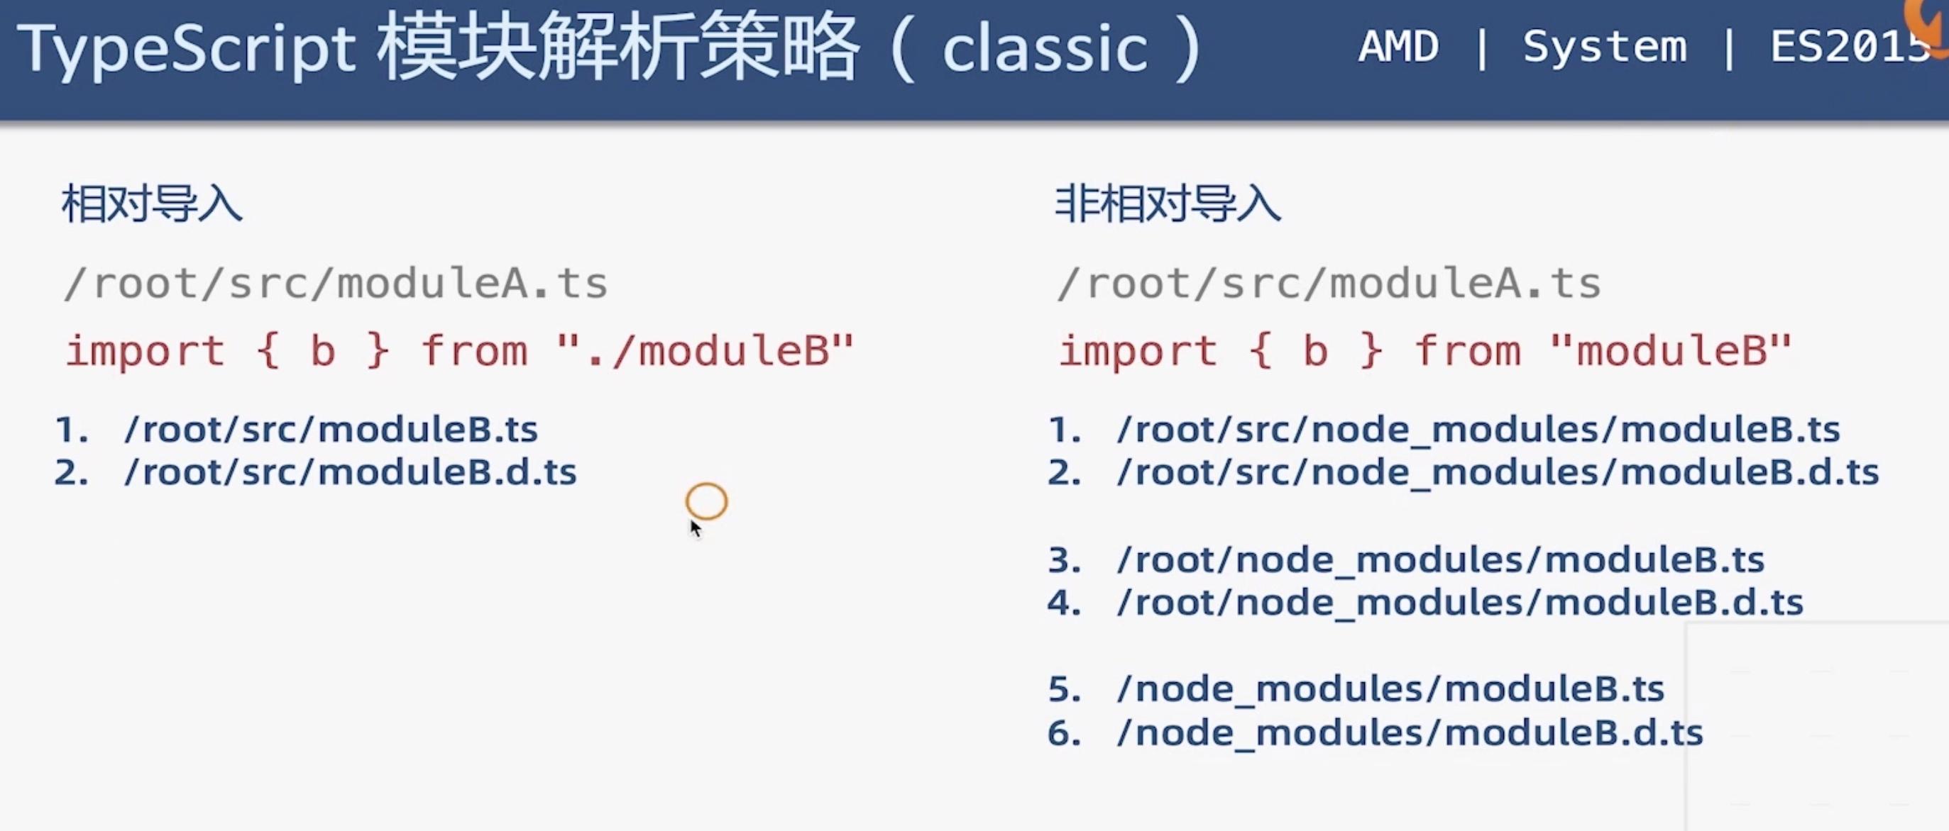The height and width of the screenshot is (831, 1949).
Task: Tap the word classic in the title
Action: pyautogui.click(x=1044, y=48)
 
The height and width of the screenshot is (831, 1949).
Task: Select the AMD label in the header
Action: pyautogui.click(x=1398, y=47)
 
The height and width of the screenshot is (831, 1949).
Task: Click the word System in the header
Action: pyautogui.click(x=1605, y=47)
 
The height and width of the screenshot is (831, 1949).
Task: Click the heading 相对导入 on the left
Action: pyautogui.click(x=152, y=204)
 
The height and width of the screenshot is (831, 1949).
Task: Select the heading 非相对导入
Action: pyautogui.click(x=1168, y=204)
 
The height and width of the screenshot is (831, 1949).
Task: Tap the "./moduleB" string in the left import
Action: pyautogui.click(x=706, y=352)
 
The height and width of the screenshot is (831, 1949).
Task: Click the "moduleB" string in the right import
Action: pyautogui.click(x=1671, y=352)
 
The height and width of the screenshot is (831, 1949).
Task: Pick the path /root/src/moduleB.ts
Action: pyautogui.click(x=331, y=430)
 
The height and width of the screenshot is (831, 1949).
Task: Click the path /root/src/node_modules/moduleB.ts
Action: pyautogui.click(x=1478, y=430)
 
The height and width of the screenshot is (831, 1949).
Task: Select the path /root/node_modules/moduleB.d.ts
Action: pyautogui.click(x=1460, y=603)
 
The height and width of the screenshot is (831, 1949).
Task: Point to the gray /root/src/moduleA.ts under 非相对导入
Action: pyautogui.click(x=1329, y=284)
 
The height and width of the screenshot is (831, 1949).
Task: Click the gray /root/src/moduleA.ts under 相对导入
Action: pyautogui.click(x=336, y=284)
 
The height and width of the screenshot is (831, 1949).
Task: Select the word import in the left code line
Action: pyautogui.click(x=146, y=352)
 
